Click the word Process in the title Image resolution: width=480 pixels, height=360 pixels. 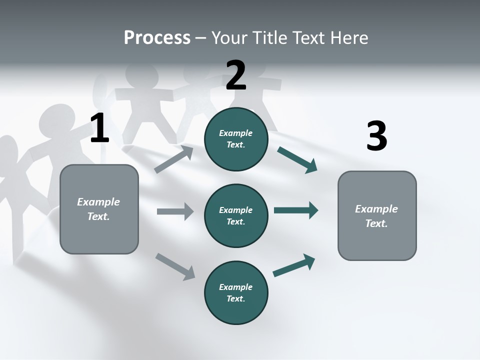click(157, 37)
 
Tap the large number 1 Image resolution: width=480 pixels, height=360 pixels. click(99, 128)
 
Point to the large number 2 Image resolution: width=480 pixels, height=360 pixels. click(236, 75)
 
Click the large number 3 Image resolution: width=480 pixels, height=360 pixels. click(376, 136)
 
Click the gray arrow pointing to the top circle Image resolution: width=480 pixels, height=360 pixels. click(174, 159)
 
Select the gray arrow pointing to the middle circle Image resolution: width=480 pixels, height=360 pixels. click(175, 211)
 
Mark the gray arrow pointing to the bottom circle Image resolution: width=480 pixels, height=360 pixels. click(175, 266)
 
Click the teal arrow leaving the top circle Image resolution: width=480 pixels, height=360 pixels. click(297, 160)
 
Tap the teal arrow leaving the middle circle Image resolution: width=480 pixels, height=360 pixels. click(296, 210)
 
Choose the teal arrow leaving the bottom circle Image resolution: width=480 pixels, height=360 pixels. click(294, 265)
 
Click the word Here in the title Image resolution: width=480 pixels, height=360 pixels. click(349, 37)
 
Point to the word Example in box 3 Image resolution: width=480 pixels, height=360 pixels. click(376, 209)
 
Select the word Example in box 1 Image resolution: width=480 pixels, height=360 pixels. click(98, 202)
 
